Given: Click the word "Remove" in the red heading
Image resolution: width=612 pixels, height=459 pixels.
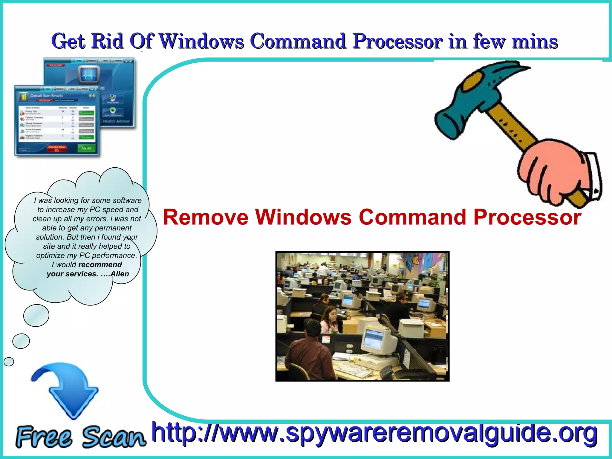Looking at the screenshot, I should pyautogui.click(x=206, y=217).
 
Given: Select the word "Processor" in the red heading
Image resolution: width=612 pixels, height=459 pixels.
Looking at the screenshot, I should pyautogui.click(x=527, y=217).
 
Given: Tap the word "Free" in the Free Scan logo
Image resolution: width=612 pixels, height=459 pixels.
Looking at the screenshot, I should pyautogui.click(x=44, y=437).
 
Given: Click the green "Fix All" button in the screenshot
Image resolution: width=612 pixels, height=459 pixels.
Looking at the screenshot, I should pyautogui.click(x=86, y=148).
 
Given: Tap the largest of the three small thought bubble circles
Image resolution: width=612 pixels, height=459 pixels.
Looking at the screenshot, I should pyautogui.click(x=36, y=315).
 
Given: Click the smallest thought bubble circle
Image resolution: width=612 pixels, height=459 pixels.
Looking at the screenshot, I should pyautogui.click(x=9, y=362).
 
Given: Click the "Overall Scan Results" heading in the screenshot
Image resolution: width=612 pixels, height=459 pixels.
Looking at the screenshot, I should pyautogui.click(x=47, y=96).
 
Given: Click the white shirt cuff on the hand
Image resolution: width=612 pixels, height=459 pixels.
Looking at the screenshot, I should pyautogui.click(x=593, y=173).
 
